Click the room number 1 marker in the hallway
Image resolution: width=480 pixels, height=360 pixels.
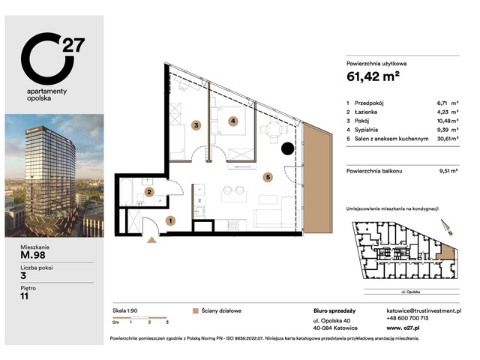tap(171, 220)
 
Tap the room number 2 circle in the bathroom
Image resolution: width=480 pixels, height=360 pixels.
tap(150, 193)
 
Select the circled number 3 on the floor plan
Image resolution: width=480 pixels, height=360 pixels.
tap(196, 125)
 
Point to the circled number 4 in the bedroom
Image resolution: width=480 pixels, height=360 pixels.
tap(233, 121)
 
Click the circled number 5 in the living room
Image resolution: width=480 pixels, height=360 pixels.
tap(268, 178)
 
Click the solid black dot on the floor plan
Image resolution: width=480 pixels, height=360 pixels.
tap(288, 148)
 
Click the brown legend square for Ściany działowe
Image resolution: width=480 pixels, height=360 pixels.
tap(196, 310)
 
